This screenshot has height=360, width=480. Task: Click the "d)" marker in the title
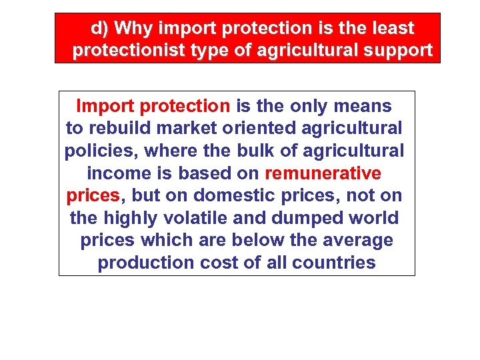pyautogui.click(x=100, y=29)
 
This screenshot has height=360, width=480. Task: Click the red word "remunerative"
pyautogui.click(x=323, y=173)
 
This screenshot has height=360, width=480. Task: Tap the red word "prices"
pyautogui.click(x=93, y=196)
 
